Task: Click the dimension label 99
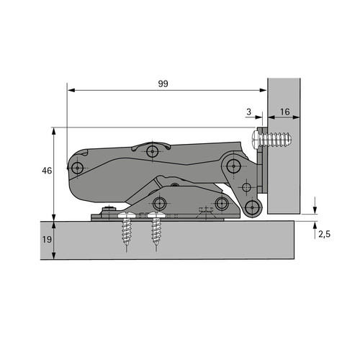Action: click(163, 84)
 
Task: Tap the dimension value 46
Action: click(47, 171)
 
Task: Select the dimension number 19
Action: click(47, 239)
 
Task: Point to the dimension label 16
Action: click(285, 112)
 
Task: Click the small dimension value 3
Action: click(248, 112)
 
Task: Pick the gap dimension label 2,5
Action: click(325, 234)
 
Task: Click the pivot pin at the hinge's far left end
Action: click(77, 168)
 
